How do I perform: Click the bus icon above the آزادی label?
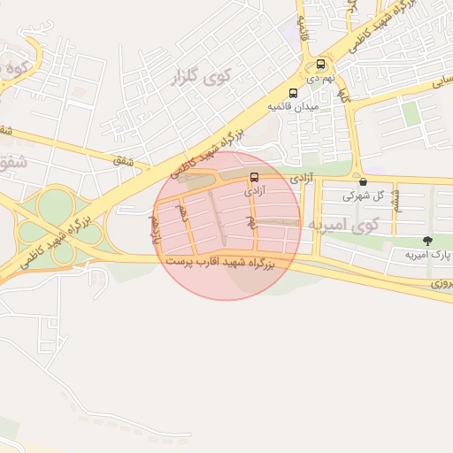255,177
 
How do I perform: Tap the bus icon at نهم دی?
320,65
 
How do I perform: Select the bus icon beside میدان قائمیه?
293,93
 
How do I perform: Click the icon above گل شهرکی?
363,181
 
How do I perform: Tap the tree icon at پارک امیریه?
427,242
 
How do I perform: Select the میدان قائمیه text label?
293,106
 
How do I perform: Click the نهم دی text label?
321,78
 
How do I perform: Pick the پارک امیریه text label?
423,255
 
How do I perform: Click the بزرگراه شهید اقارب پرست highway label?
222,263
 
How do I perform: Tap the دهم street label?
183,213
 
